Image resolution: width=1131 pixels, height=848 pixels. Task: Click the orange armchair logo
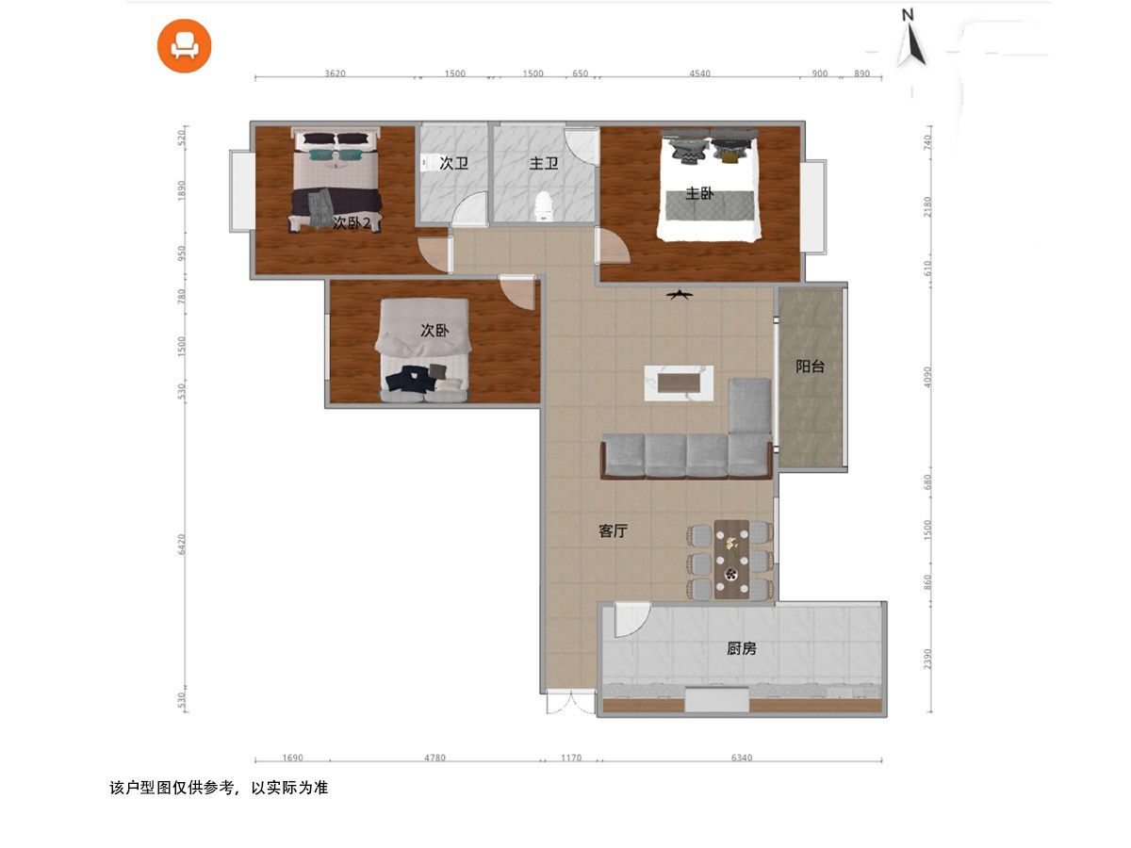(x=184, y=46)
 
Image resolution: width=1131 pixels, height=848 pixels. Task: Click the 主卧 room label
(x=699, y=193)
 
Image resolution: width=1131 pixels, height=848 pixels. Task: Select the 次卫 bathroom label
(x=454, y=163)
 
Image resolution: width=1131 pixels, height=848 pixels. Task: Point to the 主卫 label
(x=544, y=163)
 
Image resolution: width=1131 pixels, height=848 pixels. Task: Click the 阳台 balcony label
(x=810, y=367)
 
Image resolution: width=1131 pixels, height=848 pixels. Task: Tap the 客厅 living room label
(x=614, y=530)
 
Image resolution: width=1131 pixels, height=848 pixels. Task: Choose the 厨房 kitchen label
(x=742, y=648)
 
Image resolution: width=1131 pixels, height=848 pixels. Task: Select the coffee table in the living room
(x=679, y=383)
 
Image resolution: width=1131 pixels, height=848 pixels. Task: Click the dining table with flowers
(x=731, y=559)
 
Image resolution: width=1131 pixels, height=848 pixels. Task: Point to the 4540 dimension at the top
(x=699, y=73)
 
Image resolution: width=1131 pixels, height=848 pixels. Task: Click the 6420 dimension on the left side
(x=181, y=545)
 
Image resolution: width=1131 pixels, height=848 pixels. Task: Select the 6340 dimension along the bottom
(x=742, y=758)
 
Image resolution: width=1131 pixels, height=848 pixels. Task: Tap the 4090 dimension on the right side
(x=927, y=377)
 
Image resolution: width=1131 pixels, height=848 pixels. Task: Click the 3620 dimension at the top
(x=335, y=73)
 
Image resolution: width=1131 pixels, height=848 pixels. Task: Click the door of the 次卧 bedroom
(x=516, y=293)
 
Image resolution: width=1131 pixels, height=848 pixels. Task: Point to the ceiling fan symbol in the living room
(x=680, y=295)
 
